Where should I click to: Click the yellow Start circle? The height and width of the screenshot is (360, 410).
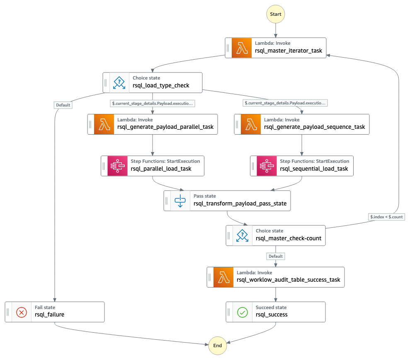pos(276,14)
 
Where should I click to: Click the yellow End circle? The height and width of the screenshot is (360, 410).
pos(218,346)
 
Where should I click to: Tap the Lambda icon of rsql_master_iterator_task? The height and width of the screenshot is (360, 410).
pos(242,48)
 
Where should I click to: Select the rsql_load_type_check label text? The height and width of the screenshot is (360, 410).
pos(161,86)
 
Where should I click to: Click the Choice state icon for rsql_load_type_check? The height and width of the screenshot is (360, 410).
pos(119,82)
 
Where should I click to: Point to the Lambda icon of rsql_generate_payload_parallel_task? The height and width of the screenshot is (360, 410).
pos(104,124)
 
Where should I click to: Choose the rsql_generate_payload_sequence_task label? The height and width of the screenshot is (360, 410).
pos(314,127)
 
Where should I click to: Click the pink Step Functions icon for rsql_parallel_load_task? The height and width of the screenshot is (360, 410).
pos(118,166)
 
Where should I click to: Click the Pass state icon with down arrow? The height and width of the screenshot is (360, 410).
pos(180,201)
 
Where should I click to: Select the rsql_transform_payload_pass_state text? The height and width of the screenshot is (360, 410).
pos(240,203)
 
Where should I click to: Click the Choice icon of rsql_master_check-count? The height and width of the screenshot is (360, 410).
pos(243,235)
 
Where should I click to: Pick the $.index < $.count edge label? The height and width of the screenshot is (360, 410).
pos(386,217)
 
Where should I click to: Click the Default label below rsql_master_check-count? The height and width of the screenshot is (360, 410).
pos(275,256)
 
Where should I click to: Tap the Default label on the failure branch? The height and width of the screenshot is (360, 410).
pos(63,105)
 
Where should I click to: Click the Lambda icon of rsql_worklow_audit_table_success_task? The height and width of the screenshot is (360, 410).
pos(223,277)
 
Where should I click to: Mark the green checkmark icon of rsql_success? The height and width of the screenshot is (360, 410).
pos(243,312)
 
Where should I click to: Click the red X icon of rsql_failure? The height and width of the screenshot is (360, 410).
pos(22,312)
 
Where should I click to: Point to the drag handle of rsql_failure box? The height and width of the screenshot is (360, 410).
pos(8,312)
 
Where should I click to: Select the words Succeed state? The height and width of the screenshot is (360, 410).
pos(271,307)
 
